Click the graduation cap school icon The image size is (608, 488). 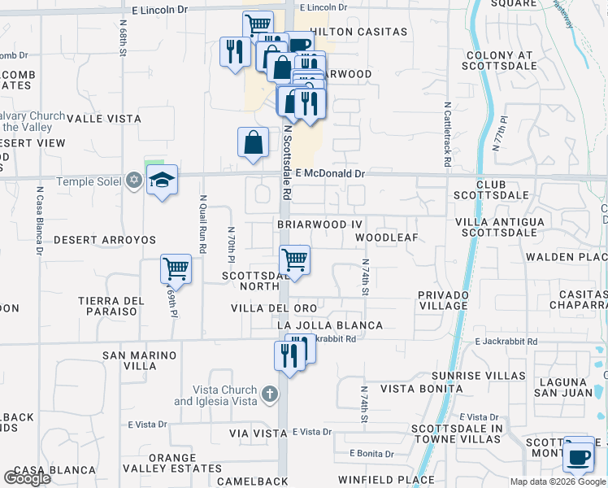point(163,181)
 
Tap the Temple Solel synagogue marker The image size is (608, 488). point(135,181)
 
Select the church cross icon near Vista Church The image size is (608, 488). point(271,395)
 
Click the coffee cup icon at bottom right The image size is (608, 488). point(579,455)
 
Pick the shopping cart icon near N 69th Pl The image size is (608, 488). point(176,268)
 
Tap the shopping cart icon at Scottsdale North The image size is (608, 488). point(294,259)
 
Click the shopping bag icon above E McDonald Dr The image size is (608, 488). point(254,142)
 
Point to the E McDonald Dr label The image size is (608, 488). point(331,173)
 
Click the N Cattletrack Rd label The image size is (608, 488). point(447,134)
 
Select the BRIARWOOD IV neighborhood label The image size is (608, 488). point(319,223)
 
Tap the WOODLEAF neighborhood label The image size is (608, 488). point(386,237)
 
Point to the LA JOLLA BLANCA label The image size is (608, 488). point(328,325)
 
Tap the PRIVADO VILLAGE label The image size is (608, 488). point(443,299)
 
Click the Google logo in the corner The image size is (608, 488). point(27,478)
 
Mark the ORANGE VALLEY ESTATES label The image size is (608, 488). point(172,463)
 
